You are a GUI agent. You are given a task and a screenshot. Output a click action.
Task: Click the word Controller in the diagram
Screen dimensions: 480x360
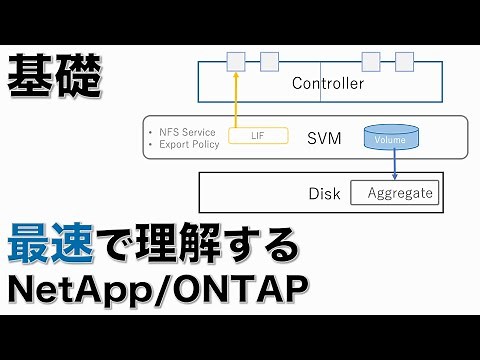click(327, 83)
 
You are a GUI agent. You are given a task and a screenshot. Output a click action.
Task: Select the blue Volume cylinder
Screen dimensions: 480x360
click(391, 137)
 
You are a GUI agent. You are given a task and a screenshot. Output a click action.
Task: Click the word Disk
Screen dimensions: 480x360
click(324, 193)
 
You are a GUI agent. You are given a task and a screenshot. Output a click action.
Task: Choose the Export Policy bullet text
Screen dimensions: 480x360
click(187, 143)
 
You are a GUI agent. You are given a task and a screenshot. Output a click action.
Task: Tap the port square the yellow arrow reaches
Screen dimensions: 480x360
click(234, 62)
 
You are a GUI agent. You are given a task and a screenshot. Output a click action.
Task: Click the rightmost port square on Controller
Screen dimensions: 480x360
click(401, 62)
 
